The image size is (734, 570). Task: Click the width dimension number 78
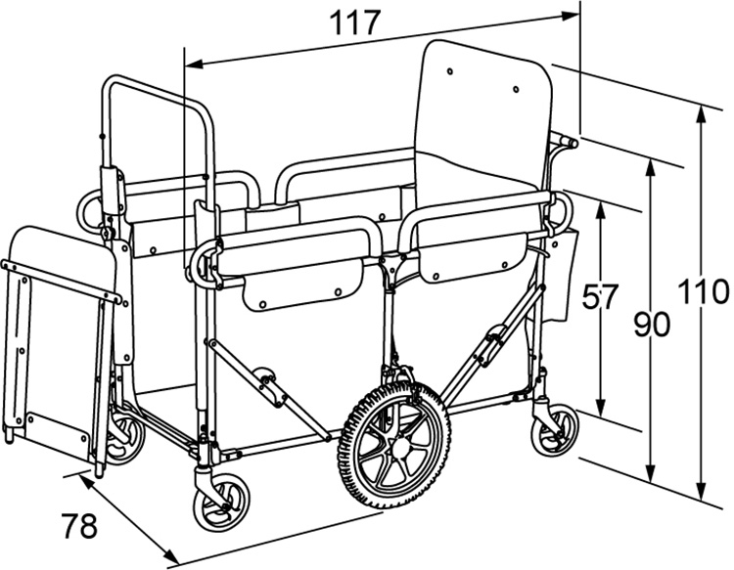79,527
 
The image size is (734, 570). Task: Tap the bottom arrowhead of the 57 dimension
601,415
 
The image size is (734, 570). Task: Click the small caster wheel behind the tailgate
125,440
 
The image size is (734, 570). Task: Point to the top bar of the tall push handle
157,84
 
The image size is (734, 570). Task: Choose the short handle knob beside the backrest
564,144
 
